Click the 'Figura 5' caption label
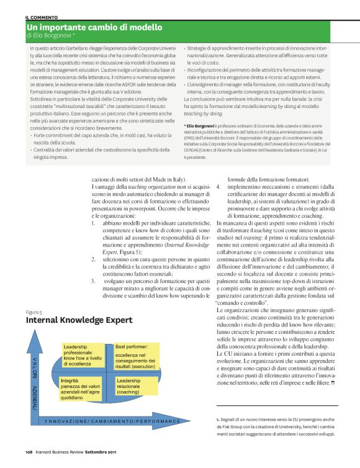[34, 311]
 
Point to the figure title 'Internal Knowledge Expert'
[79, 320]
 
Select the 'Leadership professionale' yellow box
[84, 355]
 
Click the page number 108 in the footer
[28, 452]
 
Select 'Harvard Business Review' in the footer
[60, 452]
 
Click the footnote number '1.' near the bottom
[210, 420]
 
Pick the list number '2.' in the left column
[93, 258]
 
